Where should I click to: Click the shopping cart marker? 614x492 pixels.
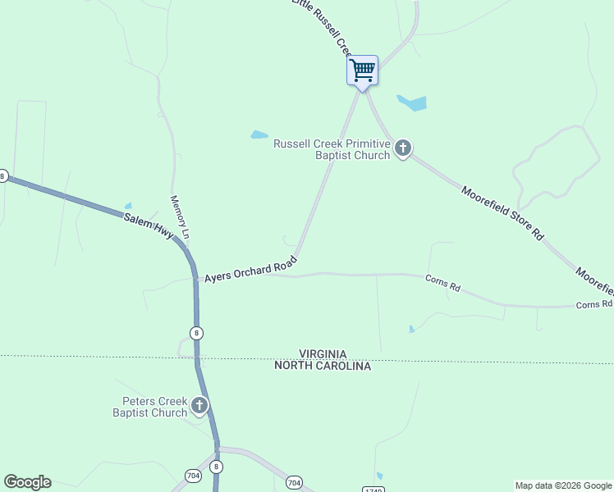point(362,71)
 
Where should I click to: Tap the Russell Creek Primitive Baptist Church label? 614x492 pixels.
point(332,149)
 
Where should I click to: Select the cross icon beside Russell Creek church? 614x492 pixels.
point(402,148)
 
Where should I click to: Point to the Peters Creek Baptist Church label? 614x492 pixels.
point(150,407)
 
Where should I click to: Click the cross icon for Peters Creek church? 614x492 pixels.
point(199,405)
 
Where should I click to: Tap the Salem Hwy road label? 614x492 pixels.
point(149,226)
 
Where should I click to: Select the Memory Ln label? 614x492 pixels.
point(180,217)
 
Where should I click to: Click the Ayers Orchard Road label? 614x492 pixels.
point(250,268)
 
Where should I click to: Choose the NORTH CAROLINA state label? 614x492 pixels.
point(323,366)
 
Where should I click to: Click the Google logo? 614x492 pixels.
point(27,482)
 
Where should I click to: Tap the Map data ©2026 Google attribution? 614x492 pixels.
point(562,485)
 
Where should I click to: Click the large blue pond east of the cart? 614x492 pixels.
point(412,103)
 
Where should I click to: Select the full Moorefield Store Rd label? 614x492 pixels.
point(502,212)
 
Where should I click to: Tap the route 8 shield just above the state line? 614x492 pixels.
point(195,333)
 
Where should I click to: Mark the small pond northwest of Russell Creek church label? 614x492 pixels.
point(259,134)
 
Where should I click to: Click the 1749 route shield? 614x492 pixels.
point(370,490)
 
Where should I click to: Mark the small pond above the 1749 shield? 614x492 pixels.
point(379,476)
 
